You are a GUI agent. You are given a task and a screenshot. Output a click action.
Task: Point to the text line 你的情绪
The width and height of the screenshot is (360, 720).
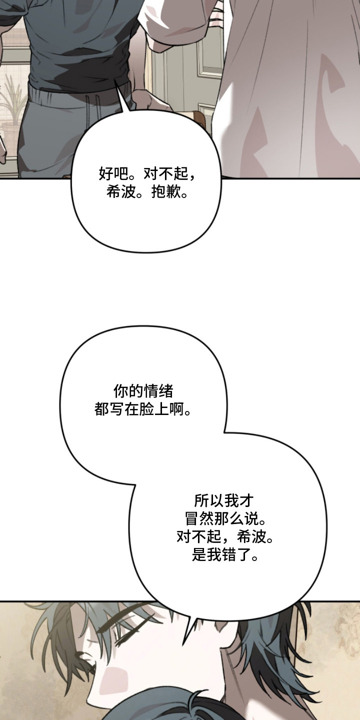pyautogui.click(x=143, y=391)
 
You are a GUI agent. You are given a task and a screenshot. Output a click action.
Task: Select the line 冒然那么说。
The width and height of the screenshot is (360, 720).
pyautogui.click(x=226, y=519)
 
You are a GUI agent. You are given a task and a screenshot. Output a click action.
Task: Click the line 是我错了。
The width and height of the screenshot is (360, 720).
pyautogui.click(x=226, y=555)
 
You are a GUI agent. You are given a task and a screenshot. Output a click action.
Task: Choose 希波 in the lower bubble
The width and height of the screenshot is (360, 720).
pyautogui.click(x=251, y=537)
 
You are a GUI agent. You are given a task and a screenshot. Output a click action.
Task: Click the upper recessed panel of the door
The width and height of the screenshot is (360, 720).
pyautogui.click(x=210, y=53)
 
